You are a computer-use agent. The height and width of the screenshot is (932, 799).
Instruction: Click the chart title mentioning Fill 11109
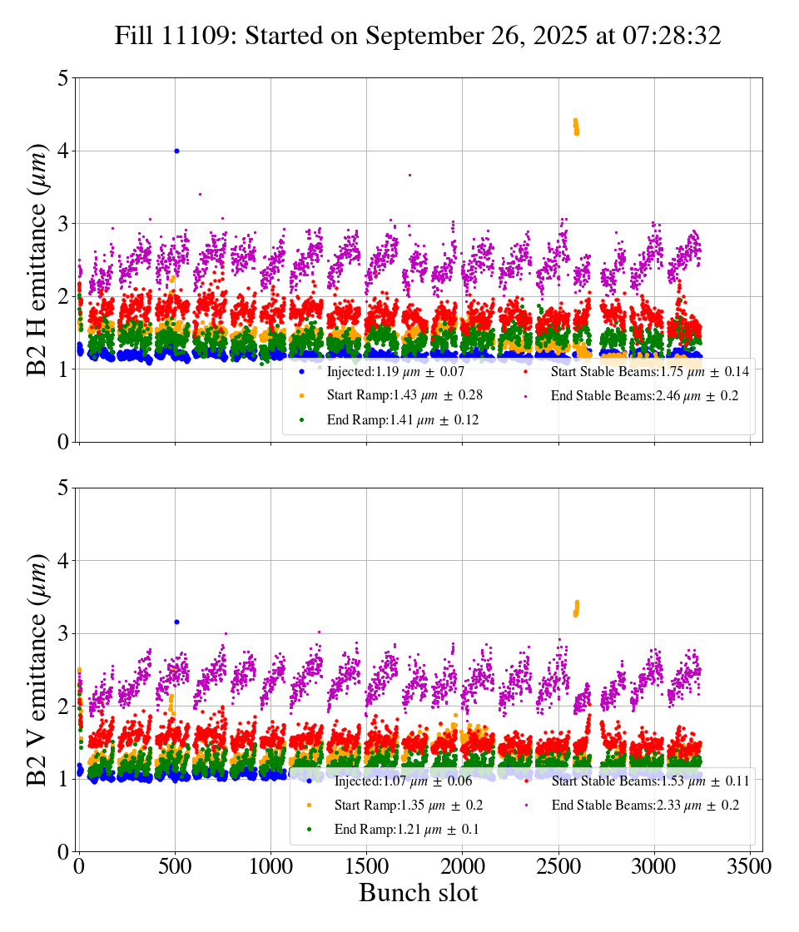pyautogui.click(x=419, y=36)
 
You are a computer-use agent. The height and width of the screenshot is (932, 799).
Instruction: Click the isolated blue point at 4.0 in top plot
pyautogui.click(x=176, y=151)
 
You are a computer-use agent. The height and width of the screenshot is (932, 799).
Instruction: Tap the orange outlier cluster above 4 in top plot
pyautogui.click(x=576, y=126)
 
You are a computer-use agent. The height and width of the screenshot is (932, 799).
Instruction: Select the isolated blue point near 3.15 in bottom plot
pyautogui.click(x=176, y=622)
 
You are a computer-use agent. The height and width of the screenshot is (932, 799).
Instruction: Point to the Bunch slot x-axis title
pyautogui.click(x=419, y=893)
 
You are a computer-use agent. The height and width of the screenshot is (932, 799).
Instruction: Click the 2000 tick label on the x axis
pyautogui.click(x=462, y=865)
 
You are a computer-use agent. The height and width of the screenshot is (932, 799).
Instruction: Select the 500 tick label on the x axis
pyautogui.click(x=175, y=865)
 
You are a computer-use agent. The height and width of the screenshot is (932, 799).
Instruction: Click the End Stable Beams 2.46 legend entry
pyautogui.click(x=643, y=396)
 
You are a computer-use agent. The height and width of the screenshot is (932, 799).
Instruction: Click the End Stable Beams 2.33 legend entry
pyautogui.click(x=643, y=806)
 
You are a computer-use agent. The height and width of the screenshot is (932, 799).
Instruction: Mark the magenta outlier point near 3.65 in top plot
pyautogui.click(x=409, y=175)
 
